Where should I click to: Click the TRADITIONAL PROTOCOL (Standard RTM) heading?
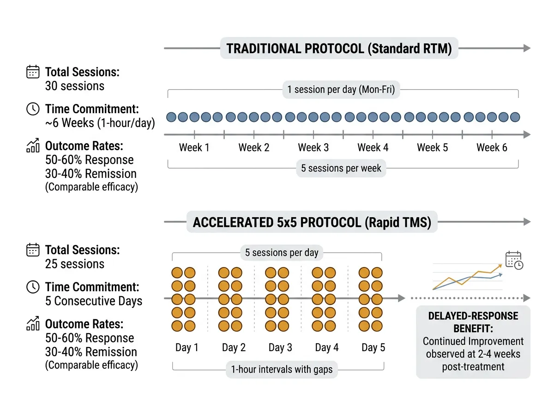tap(339, 49)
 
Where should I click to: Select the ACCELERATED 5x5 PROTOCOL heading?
tap(312, 222)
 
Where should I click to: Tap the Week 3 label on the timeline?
tap(313, 148)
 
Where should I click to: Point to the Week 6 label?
tap(492, 148)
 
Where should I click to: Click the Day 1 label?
tap(187, 348)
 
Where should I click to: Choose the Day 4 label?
tap(326, 348)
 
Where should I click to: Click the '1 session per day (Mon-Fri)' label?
tap(341, 90)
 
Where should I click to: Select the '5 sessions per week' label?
tap(341, 168)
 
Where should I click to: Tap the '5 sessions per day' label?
tap(282, 253)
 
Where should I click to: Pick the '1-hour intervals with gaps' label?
tap(282, 370)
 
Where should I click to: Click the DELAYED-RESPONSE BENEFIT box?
tap(473, 342)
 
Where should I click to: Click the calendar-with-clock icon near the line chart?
tap(514, 261)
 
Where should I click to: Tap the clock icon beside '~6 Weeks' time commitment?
tap(33, 110)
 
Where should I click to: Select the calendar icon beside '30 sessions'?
tap(33, 73)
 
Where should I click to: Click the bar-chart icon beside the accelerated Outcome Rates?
tap(33, 324)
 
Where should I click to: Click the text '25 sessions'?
tap(75, 264)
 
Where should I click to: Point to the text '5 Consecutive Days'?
tap(94, 301)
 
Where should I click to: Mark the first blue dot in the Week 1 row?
tap(171, 117)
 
